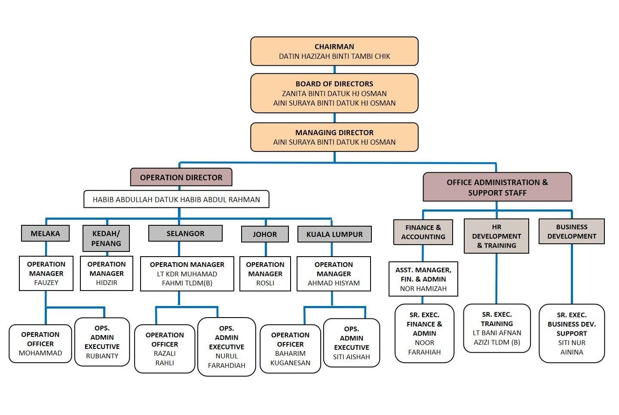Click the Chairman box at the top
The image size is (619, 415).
point(334,51)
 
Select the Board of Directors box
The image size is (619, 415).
point(334,93)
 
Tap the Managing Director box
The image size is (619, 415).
point(334,137)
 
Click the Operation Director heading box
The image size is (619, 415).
point(181,177)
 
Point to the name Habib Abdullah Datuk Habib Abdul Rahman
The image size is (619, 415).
point(176,200)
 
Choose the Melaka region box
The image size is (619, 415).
point(45,233)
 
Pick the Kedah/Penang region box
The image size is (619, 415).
point(106,238)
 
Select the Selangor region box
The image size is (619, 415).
point(185,233)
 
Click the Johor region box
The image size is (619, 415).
point(265,234)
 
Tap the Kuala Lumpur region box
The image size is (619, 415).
point(334,234)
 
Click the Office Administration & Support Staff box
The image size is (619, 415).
point(497,187)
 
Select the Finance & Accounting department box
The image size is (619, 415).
point(423,232)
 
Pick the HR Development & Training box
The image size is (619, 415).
point(496,236)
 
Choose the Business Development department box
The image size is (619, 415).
point(571,231)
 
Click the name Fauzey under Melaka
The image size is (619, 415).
point(46,283)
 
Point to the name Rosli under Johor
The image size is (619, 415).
point(265,283)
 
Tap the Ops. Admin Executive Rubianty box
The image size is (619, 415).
point(102,342)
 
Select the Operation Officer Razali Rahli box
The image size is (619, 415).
point(165,348)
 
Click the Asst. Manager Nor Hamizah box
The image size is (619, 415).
point(423,279)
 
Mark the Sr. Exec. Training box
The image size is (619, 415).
point(497,328)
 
